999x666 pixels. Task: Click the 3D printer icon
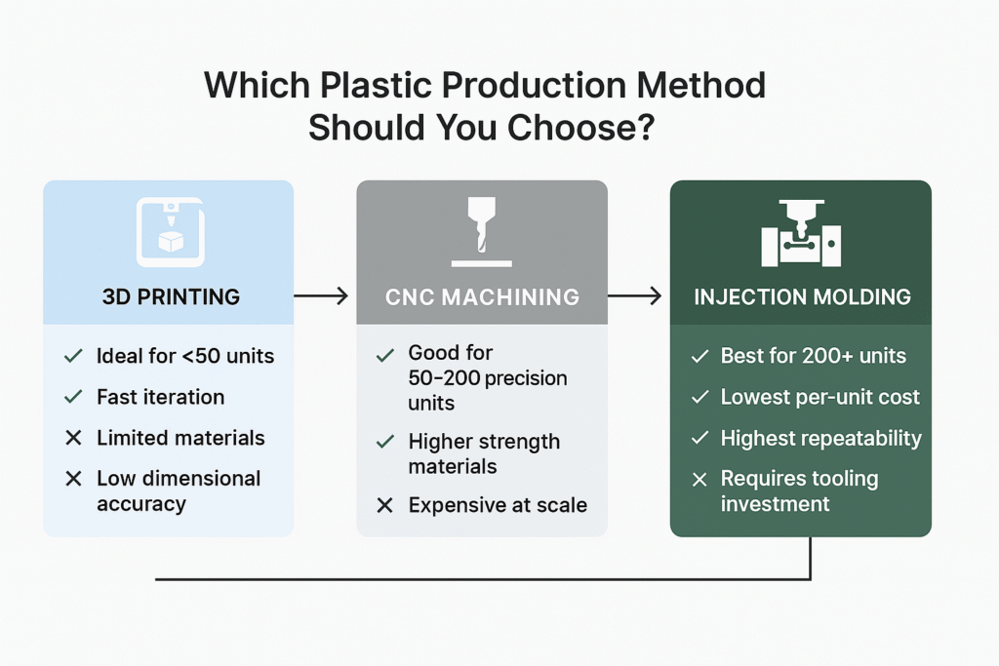pos(171,232)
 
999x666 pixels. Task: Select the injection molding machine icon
pos(801,233)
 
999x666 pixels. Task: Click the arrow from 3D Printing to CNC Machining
pos(320,295)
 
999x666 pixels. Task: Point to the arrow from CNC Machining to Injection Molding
pos(634,295)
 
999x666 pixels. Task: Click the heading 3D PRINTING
pos(171,296)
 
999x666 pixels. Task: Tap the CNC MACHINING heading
pos(482,296)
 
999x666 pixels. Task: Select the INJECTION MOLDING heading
pos(802,296)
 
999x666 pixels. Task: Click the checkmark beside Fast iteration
pos(74,397)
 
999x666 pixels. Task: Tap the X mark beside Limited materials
pos(74,438)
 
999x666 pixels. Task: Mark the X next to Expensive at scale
pos(384,505)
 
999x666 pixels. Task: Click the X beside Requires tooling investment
pos(699,479)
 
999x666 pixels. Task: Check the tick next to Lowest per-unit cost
pos(700,397)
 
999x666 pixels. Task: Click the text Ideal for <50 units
pos(185,356)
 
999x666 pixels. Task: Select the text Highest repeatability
pos(821,438)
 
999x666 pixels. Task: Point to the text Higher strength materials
pos(484,453)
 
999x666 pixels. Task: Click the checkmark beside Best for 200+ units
pos(700,356)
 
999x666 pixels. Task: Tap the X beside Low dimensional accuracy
pos(74,478)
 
